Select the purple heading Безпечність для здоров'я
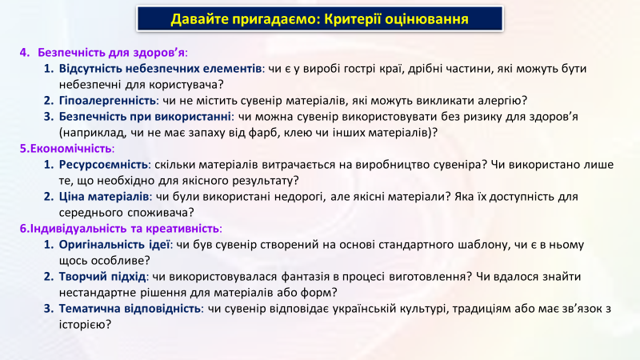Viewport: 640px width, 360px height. click(111, 53)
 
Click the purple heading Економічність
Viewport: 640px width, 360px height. click(66, 149)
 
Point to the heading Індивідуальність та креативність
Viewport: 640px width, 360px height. click(119, 229)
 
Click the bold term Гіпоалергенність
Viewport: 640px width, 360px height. click(107, 101)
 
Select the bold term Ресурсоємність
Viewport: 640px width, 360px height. click(103, 165)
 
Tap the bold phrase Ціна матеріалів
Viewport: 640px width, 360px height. click(104, 197)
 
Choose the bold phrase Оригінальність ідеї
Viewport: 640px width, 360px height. click(114, 245)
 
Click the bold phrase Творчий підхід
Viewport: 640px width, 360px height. click(102, 277)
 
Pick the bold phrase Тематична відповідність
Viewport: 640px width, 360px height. click(130, 309)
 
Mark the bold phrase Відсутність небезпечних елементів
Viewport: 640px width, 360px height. click(160, 69)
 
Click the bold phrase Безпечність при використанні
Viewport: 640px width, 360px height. click(145, 117)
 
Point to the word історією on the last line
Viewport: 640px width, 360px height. click(85, 325)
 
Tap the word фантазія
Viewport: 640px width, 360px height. click(305, 277)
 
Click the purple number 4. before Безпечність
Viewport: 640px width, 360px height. click(25, 53)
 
